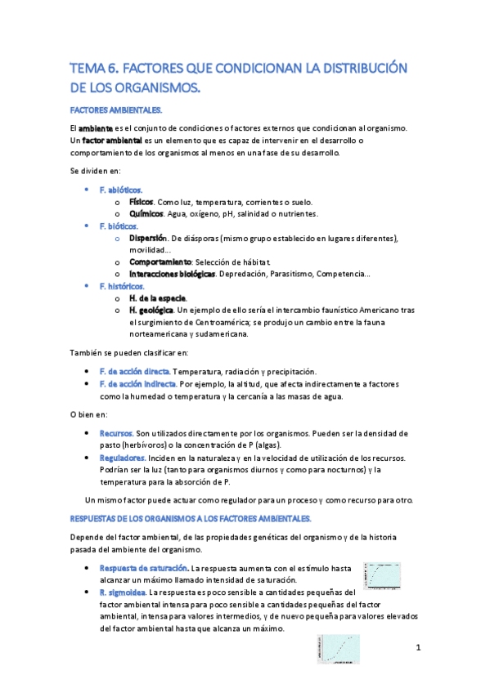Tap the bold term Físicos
coord(142,201)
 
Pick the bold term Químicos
coord(146,213)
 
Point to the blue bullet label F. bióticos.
coord(118,226)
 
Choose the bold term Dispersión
coord(148,238)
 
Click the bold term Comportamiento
coord(160,262)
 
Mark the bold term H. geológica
coord(151,310)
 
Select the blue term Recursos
coord(115,432)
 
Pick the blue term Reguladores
coord(122,458)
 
